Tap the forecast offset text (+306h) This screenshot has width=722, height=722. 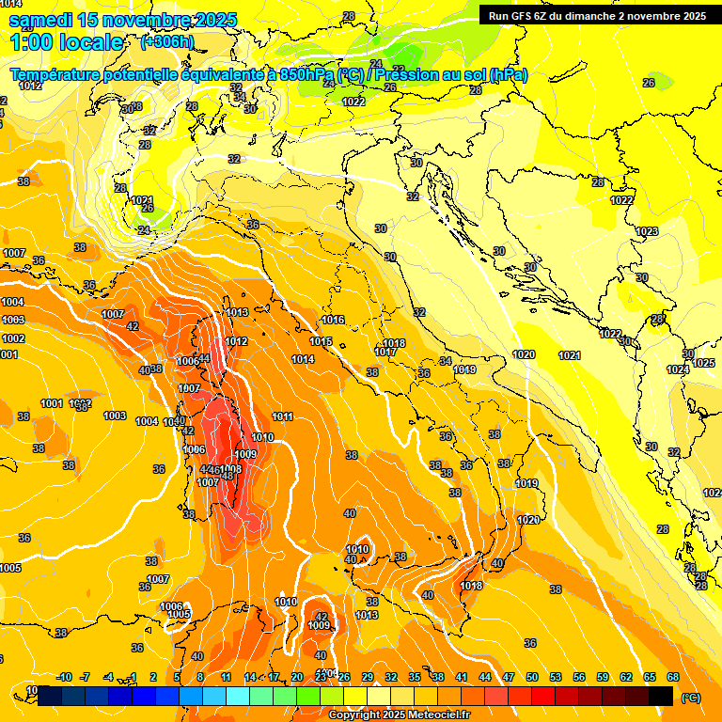(166, 42)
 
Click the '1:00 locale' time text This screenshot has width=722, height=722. (67, 42)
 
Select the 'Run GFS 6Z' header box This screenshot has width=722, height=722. (597, 15)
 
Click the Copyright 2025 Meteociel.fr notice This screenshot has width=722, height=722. (400, 715)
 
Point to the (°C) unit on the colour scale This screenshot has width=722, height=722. (691, 698)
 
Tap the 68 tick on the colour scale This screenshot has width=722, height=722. (673, 677)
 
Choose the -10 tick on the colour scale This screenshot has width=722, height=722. (64, 677)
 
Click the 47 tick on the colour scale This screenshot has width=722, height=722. (509, 677)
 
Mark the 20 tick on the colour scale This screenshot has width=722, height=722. (297, 677)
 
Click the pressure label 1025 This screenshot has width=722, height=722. (704, 363)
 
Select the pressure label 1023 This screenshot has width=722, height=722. (647, 231)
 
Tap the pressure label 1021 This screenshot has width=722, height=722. (569, 355)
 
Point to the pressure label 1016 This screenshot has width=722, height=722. (334, 321)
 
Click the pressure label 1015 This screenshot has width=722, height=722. (322, 341)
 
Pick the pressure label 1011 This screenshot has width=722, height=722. (283, 416)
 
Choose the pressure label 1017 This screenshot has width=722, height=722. (385, 352)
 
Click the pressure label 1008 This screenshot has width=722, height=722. (232, 468)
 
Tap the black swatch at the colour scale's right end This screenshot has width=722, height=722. (661, 696)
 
